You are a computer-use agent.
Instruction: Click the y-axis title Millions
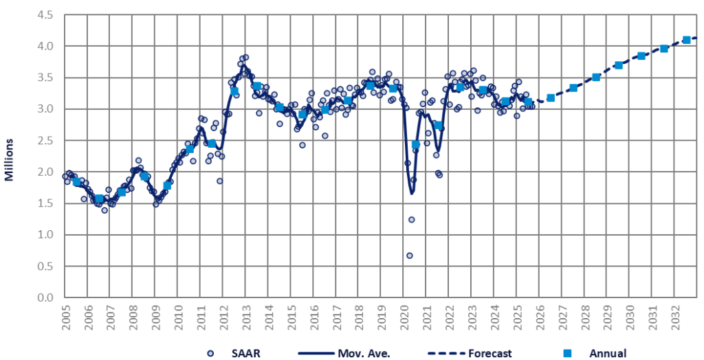(x=10, y=159)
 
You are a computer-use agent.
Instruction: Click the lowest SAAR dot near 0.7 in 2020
(x=409, y=256)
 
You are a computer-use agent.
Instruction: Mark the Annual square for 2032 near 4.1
(x=686, y=40)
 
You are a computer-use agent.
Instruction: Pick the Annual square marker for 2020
(x=415, y=144)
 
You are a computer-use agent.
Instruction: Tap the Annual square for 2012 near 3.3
(x=234, y=91)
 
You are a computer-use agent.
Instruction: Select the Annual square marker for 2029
(x=618, y=65)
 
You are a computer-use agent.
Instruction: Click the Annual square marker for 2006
(x=99, y=199)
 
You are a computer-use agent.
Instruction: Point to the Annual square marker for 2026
(x=551, y=98)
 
